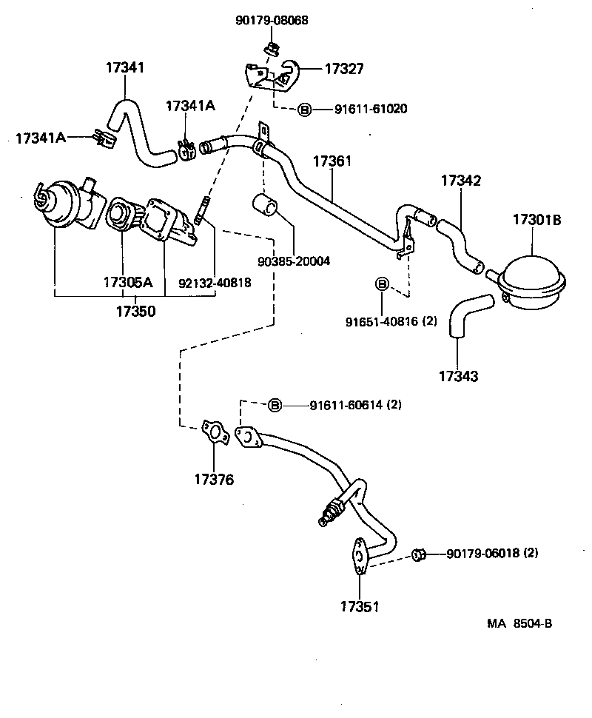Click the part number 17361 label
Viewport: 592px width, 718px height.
click(332, 161)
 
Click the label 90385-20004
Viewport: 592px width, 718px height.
click(293, 261)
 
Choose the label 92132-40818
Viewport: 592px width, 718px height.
click(215, 282)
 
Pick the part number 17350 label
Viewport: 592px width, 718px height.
click(135, 311)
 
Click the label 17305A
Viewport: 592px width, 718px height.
click(127, 282)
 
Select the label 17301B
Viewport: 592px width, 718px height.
click(538, 219)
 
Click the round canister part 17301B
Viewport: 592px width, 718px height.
click(532, 279)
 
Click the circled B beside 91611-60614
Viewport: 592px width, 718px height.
click(274, 405)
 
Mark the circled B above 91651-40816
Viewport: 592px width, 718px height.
click(382, 283)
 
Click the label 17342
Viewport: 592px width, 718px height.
click(461, 180)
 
